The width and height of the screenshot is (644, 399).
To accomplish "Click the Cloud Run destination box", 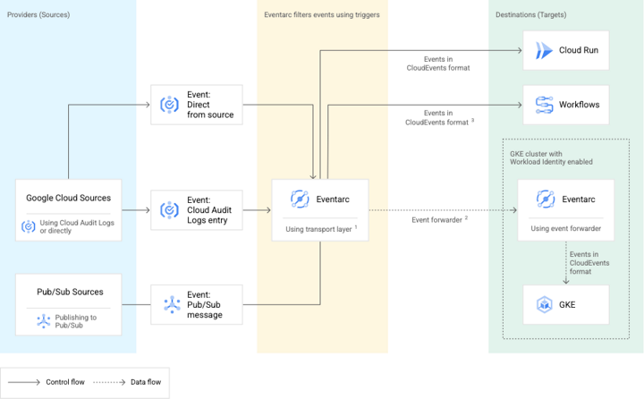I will pos(567,51).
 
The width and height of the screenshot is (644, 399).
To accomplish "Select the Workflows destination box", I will pos(567,105).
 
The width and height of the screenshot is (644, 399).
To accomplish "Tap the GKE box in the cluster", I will pos(567,305).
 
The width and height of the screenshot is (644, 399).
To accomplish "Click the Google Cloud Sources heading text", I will pos(69,198).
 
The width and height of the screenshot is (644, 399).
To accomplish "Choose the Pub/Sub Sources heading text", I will pos(69,292).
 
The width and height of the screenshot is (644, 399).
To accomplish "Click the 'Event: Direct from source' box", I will pos(197,105).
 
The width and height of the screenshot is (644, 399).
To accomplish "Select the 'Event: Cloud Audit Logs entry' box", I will pos(197,210).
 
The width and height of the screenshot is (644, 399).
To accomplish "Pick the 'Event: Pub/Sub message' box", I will pos(197,305).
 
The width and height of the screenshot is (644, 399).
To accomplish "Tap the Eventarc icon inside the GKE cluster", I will pos(543,199).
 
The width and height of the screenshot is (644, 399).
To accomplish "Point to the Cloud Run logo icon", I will pos(544,51).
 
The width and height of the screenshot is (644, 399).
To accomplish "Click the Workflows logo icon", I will pos(544,105).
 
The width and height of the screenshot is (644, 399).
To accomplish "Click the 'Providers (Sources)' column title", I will pos(38,14).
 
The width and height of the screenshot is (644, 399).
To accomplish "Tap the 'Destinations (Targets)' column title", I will pos(530,14).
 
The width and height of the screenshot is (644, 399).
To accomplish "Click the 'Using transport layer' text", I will pos(318,229).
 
